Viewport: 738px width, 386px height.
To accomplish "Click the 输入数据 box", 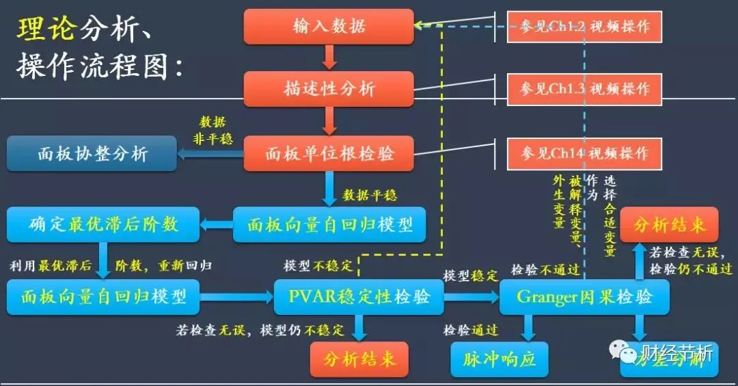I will [x=329, y=27].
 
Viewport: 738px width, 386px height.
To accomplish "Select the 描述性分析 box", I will [x=329, y=89].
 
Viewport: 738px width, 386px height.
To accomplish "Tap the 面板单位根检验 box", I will [x=329, y=153].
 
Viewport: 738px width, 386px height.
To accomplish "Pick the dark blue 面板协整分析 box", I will [x=92, y=153].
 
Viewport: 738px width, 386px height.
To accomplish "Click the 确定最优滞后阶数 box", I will [x=102, y=224].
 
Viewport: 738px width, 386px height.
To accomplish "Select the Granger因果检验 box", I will [x=584, y=296].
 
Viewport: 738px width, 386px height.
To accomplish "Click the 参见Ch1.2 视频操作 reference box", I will [x=584, y=27].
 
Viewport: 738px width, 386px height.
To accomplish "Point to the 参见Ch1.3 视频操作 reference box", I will [x=584, y=89].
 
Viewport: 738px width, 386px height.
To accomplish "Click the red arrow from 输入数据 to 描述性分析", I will [x=329, y=57].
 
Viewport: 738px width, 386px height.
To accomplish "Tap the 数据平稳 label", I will [x=370, y=195].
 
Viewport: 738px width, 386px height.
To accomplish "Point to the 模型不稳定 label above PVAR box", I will [x=318, y=266].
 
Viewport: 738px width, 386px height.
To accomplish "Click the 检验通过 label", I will [x=471, y=330].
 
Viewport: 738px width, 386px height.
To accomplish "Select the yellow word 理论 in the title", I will [x=46, y=30].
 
